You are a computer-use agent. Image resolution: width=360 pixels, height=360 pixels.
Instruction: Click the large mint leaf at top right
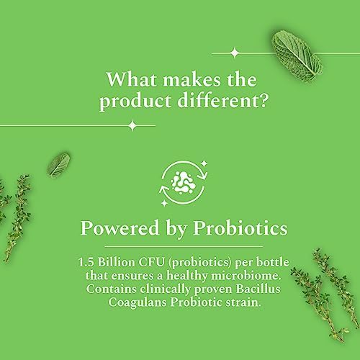pos(294,54)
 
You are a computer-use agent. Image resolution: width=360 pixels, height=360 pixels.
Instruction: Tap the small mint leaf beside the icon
pos(60,163)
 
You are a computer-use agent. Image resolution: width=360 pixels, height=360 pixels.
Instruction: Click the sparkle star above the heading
pos(235,52)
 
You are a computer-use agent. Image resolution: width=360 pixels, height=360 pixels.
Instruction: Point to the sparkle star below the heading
pos(131,126)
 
